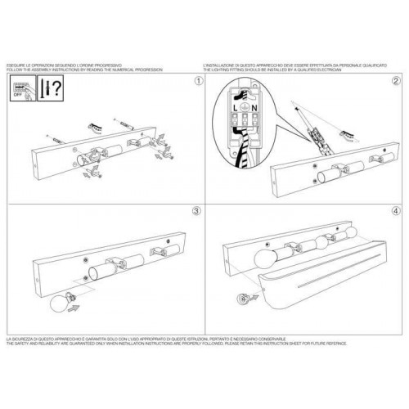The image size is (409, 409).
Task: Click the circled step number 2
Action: [396, 82]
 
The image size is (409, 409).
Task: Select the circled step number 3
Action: [196, 210]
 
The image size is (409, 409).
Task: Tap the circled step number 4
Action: [396, 210]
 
